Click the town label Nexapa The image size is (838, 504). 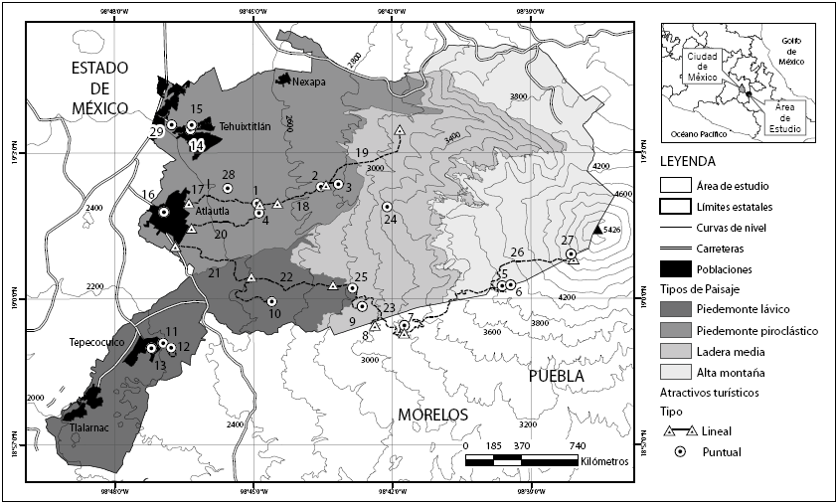(x=311, y=84)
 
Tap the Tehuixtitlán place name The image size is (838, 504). (x=246, y=126)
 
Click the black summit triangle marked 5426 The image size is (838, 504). (x=596, y=230)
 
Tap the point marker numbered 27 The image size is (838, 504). (x=572, y=254)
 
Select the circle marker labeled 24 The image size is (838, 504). (x=387, y=207)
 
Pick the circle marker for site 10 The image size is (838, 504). (x=271, y=300)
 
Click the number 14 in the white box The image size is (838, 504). (x=197, y=145)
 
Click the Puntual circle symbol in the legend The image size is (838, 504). (x=680, y=451)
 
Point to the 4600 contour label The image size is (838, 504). (x=623, y=195)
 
